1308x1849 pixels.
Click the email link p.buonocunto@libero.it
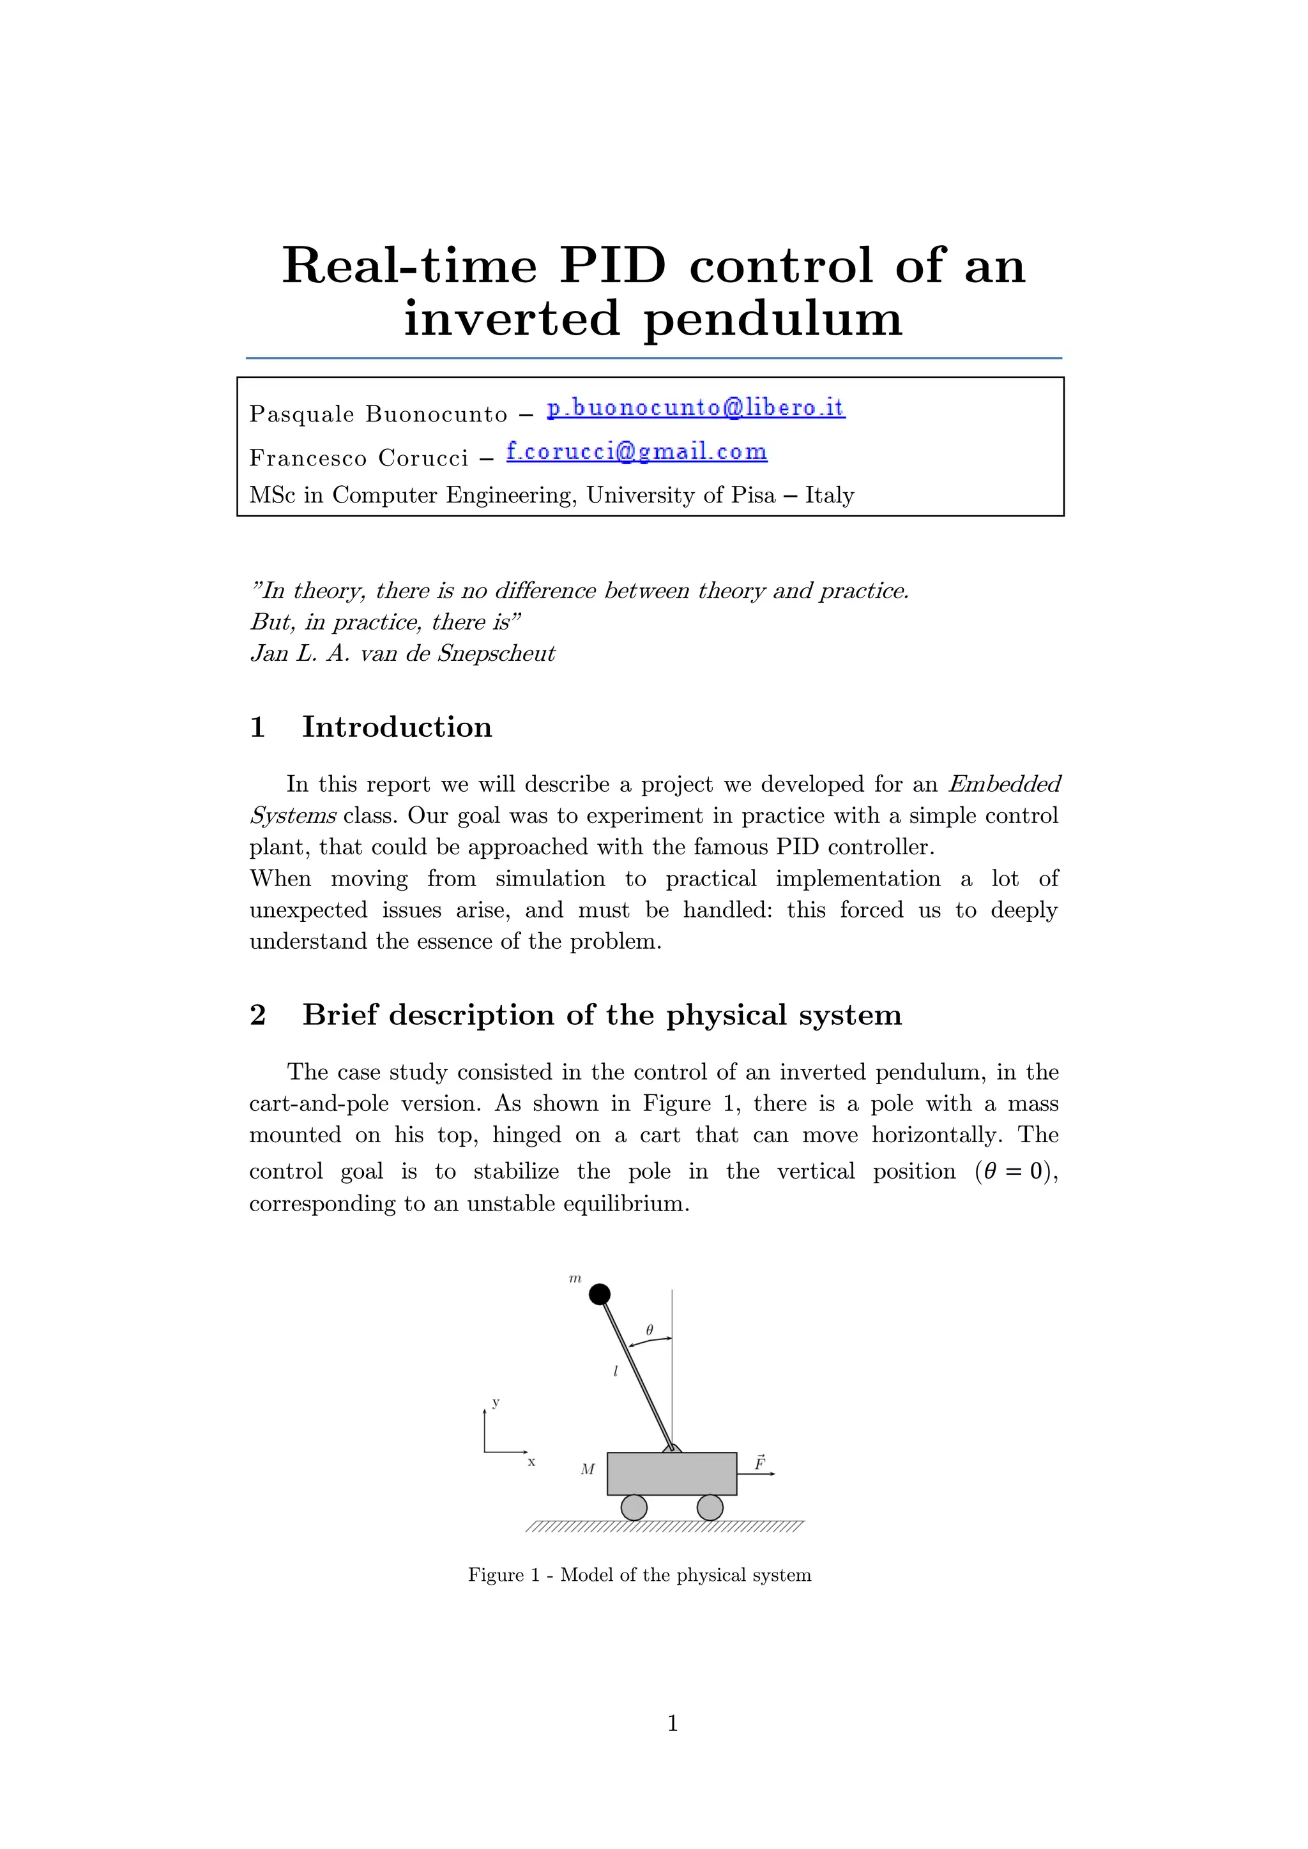[696, 407]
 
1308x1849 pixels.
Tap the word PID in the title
[613, 265]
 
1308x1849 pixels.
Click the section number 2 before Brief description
[258, 1015]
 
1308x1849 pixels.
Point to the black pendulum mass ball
[599, 1294]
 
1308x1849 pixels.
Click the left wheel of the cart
[634, 1507]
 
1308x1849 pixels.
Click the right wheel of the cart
[710, 1507]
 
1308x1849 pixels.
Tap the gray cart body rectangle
[672, 1474]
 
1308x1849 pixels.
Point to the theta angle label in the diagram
[649, 1331]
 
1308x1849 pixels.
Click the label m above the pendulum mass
[575, 1278]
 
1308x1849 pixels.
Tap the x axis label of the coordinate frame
[531, 1461]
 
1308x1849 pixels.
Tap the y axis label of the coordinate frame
[496, 1403]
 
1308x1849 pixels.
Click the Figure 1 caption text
[639, 1575]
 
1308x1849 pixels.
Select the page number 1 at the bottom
[673, 1723]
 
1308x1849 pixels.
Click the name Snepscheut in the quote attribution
[496, 653]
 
